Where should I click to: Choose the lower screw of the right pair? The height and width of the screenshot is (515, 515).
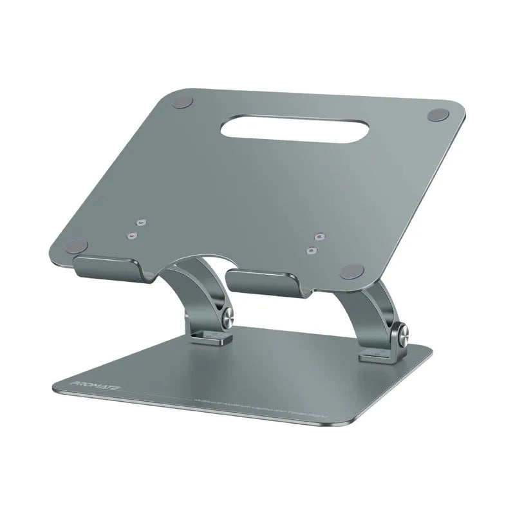click(x=312, y=250)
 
